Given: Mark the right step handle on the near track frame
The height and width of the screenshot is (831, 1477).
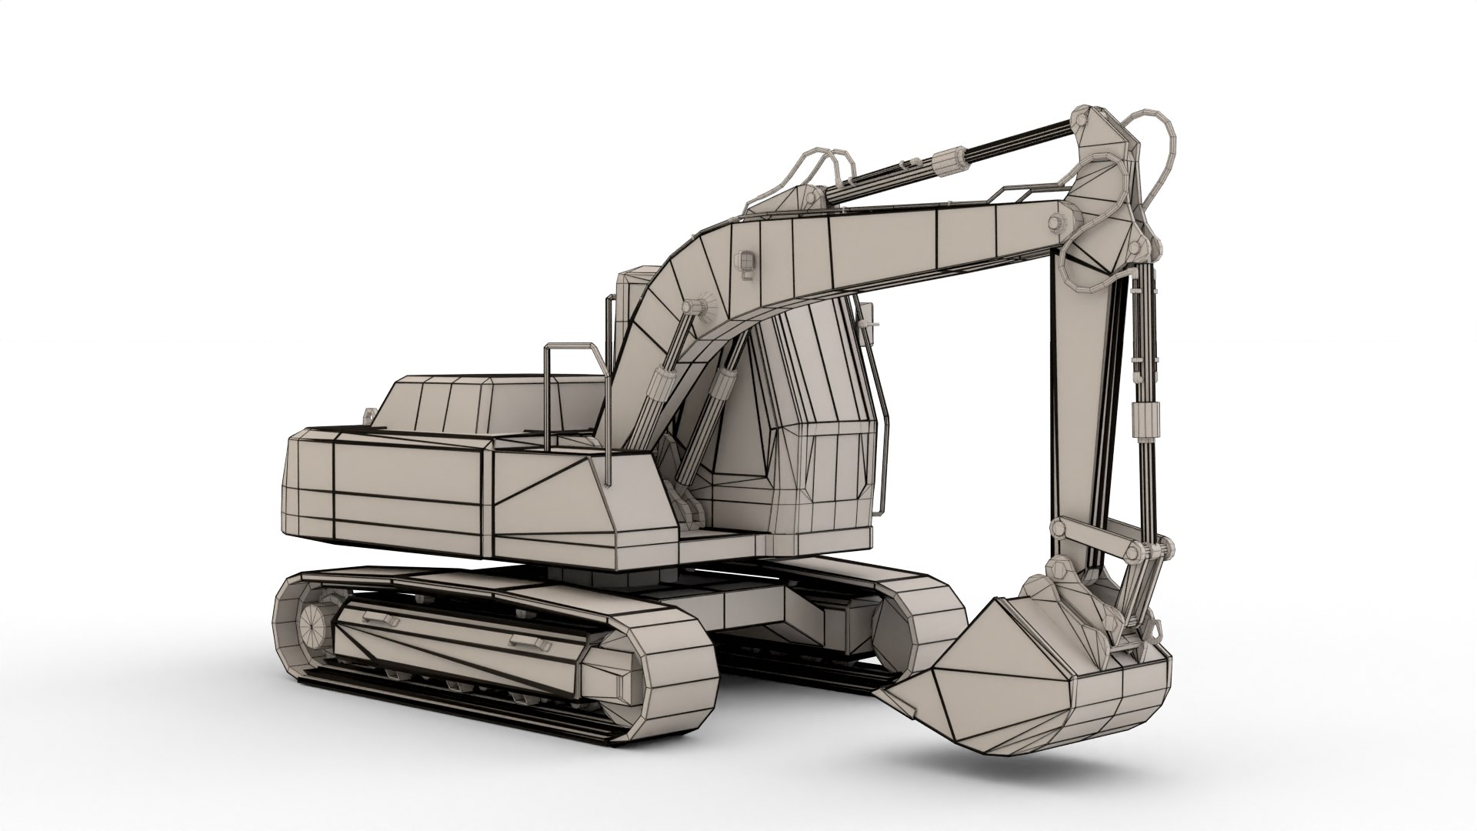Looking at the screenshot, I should coord(529,641).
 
